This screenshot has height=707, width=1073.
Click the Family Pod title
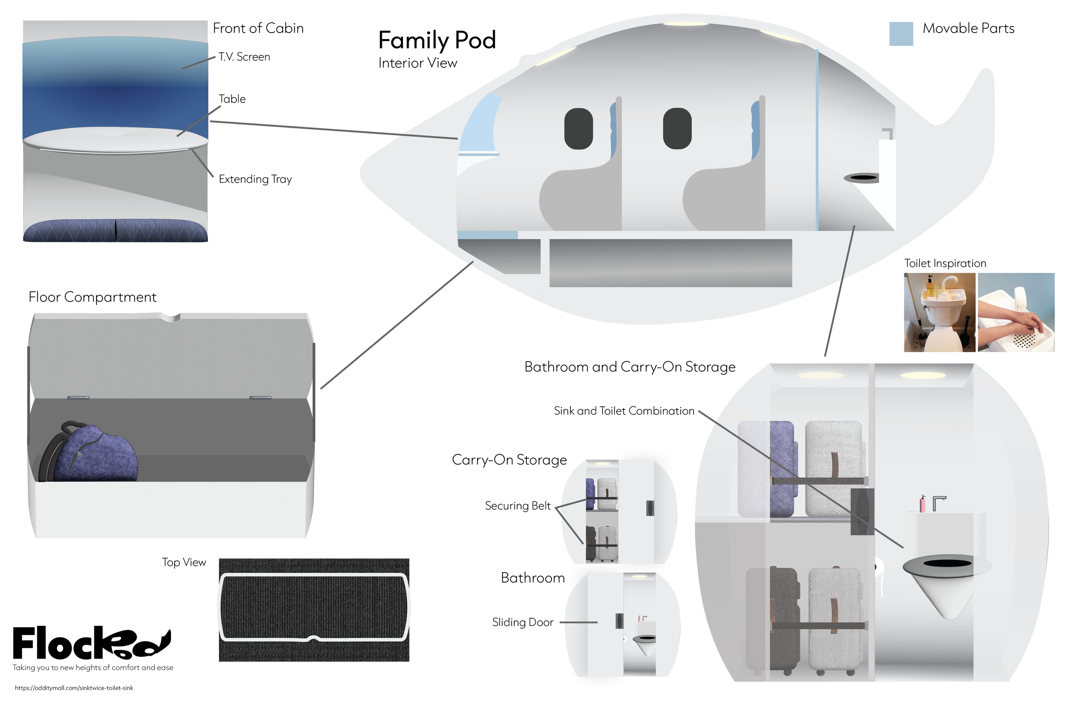pos(436,40)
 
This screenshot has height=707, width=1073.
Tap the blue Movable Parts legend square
pos(901,34)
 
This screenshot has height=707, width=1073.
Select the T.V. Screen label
pos(244,57)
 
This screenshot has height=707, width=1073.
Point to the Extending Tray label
pos(255,179)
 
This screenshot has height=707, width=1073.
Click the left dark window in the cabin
pos(578,129)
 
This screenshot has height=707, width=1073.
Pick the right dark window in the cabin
pos(676,129)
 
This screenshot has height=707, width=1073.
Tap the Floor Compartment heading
pos(92,297)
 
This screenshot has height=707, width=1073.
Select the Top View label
pos(184,563)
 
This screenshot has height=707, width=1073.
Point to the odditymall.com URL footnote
pos(74,688)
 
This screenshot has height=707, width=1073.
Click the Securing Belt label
pos(517,506)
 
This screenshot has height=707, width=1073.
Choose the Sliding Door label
pos(522,622)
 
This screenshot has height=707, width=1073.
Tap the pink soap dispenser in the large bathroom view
pos(922,504)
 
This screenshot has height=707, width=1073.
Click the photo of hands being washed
pos(1016,312)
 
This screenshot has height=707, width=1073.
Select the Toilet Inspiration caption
pos(945,263)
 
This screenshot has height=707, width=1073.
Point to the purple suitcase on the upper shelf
pos(781,469)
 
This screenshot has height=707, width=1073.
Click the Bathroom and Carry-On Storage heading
pos(630,367)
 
